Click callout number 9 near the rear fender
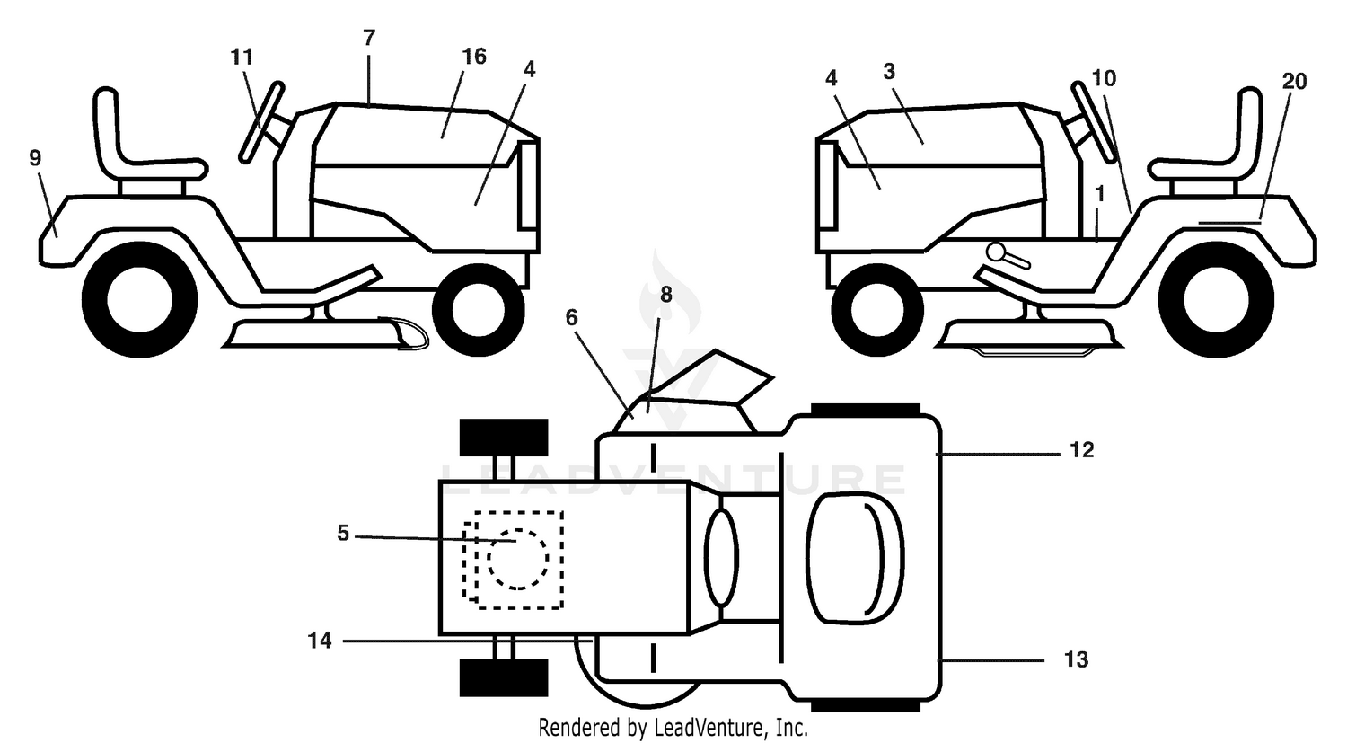36,158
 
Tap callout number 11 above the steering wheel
242,57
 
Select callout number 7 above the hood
369,38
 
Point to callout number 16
474,57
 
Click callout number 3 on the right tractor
889,72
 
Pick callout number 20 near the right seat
1294,81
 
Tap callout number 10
1104,78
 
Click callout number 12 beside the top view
1082,450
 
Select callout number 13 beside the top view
1077,660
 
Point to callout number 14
320,641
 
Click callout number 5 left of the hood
343,533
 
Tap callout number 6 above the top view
571,318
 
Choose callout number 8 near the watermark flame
666,295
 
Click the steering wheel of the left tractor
261,122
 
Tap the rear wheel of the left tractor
139,299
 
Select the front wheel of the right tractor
877,309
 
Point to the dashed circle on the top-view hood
518,560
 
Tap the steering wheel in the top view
721,556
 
